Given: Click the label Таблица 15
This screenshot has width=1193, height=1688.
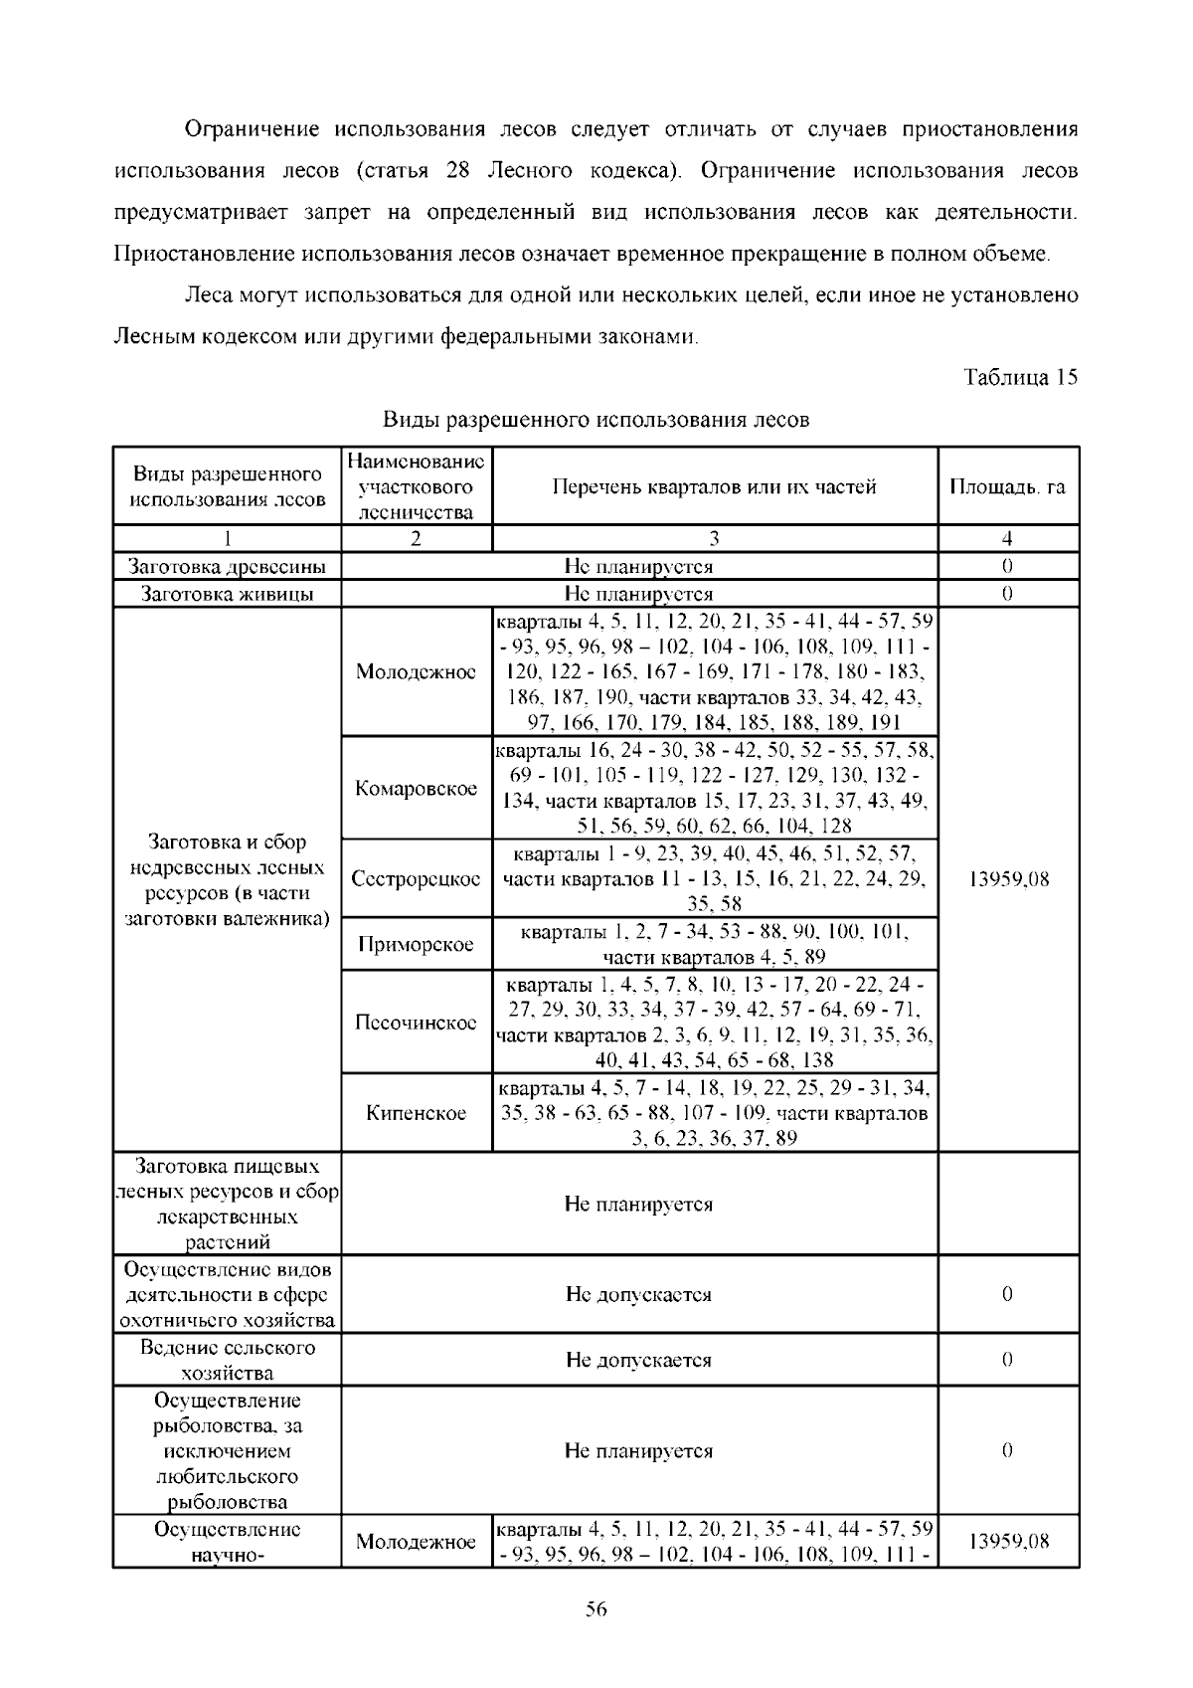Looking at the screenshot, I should click(x=1020, y=378).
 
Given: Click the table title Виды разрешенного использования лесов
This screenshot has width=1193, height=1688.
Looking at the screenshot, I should click(x=596, y=420).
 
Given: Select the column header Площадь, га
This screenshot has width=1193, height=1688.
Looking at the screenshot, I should click(x=1007, y=487).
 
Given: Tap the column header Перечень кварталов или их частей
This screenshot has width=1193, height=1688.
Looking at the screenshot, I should click(x=714, y=487).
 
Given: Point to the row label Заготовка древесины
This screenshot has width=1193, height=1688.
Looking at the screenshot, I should click(x=228, y=567).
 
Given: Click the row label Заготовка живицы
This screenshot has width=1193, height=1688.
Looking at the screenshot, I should click(x=228, y=594).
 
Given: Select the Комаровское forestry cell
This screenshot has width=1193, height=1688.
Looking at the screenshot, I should click(x=416, y=789).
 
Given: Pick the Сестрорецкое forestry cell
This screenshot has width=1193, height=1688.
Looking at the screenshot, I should click(x=416, y=879).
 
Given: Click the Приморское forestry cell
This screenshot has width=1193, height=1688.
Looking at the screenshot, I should click(x=416, y=944).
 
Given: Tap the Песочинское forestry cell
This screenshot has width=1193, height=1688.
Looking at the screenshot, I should click(x=416, y=1023).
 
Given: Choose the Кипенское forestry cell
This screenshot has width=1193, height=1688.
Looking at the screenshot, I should click(x=416, y=1113).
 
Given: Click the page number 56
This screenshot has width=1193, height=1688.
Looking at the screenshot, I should click(x=596, y=1610).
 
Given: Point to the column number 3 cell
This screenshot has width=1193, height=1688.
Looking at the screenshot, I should click(x=714, y=539).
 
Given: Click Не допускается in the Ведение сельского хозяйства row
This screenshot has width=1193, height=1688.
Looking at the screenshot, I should click(x=638, y=1360).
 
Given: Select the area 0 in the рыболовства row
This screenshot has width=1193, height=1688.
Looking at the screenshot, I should click(x=1007, y=1450).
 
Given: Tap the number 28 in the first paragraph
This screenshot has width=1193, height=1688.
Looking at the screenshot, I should click(x=458, y=170).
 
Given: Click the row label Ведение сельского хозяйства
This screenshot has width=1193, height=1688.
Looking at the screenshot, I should click(x=228, y=1360).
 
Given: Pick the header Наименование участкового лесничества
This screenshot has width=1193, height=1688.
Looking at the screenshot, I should click(x=416, y=487).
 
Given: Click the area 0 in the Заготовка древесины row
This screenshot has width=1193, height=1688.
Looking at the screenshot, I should click(x=1007, y=567).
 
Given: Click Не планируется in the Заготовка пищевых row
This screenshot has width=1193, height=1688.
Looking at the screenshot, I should click(x=638, y=1204).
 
